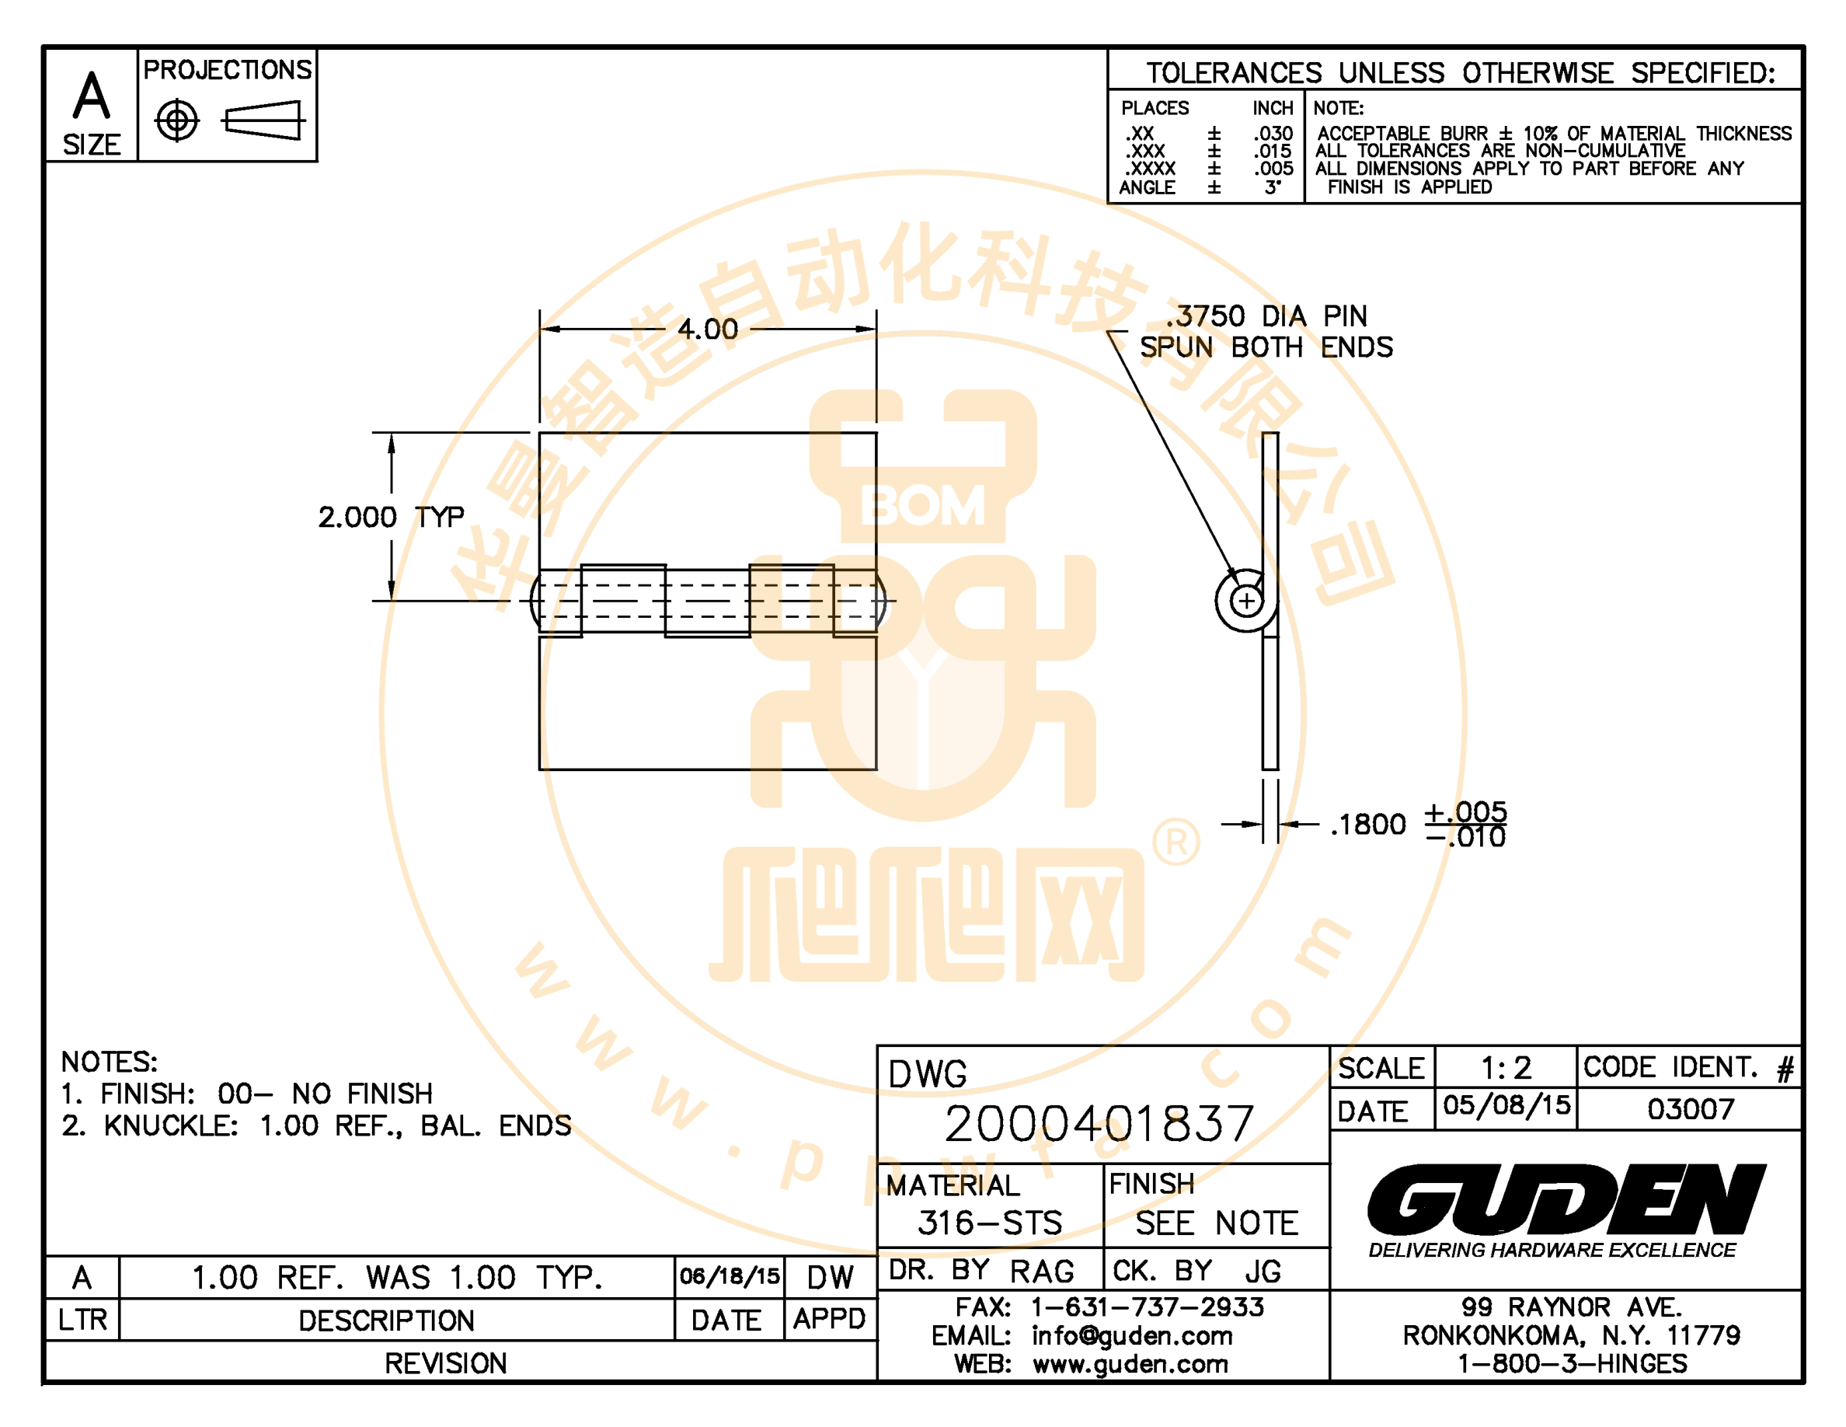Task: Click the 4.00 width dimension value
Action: [708, 329]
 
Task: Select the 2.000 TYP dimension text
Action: [391, 517]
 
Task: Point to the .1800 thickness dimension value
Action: [1367, 824]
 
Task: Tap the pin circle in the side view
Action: [1246, 601]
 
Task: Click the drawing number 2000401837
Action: [1098, 1124]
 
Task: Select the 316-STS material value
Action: [989, 1223]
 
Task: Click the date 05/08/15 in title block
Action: [1506, 1105]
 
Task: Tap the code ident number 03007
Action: [1691, 1108]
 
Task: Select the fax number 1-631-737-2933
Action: [1147, 1307]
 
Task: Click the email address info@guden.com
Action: [1132, 1336]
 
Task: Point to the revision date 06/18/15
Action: [730, 1275]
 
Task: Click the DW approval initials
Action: [830, 1277]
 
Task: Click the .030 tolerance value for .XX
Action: [1273, 134]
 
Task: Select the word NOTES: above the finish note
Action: [109, 1062]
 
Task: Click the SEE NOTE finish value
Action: [1215, 1223]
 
